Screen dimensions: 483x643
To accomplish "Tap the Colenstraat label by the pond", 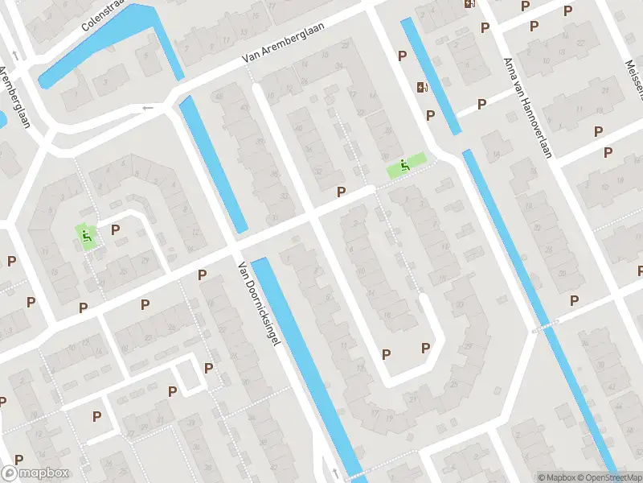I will coord(104,16).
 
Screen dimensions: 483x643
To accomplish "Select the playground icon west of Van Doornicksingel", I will coord(86,235).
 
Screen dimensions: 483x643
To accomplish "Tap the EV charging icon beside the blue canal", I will coord(421,88).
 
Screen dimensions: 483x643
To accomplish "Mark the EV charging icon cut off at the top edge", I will coord(469,3).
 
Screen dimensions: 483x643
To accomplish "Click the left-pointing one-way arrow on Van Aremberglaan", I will coord(147,108).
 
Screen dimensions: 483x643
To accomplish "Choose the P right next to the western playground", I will coord(115,229).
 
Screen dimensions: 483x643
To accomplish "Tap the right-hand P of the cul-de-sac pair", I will coord(426,348).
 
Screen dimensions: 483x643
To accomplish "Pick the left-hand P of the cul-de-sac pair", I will coord(386,354).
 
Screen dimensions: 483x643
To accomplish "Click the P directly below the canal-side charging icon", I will coord(430,115).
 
